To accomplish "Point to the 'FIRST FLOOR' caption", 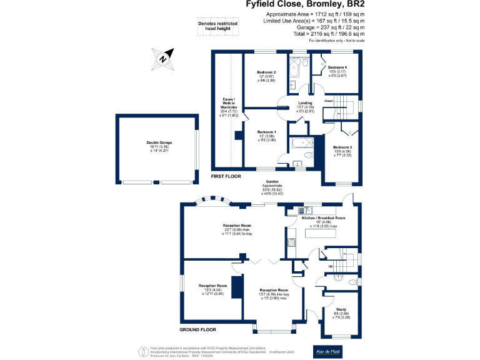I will pos(226,177).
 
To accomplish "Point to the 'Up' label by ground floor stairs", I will pos(331,266).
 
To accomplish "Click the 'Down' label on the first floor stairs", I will pos(329,100).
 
